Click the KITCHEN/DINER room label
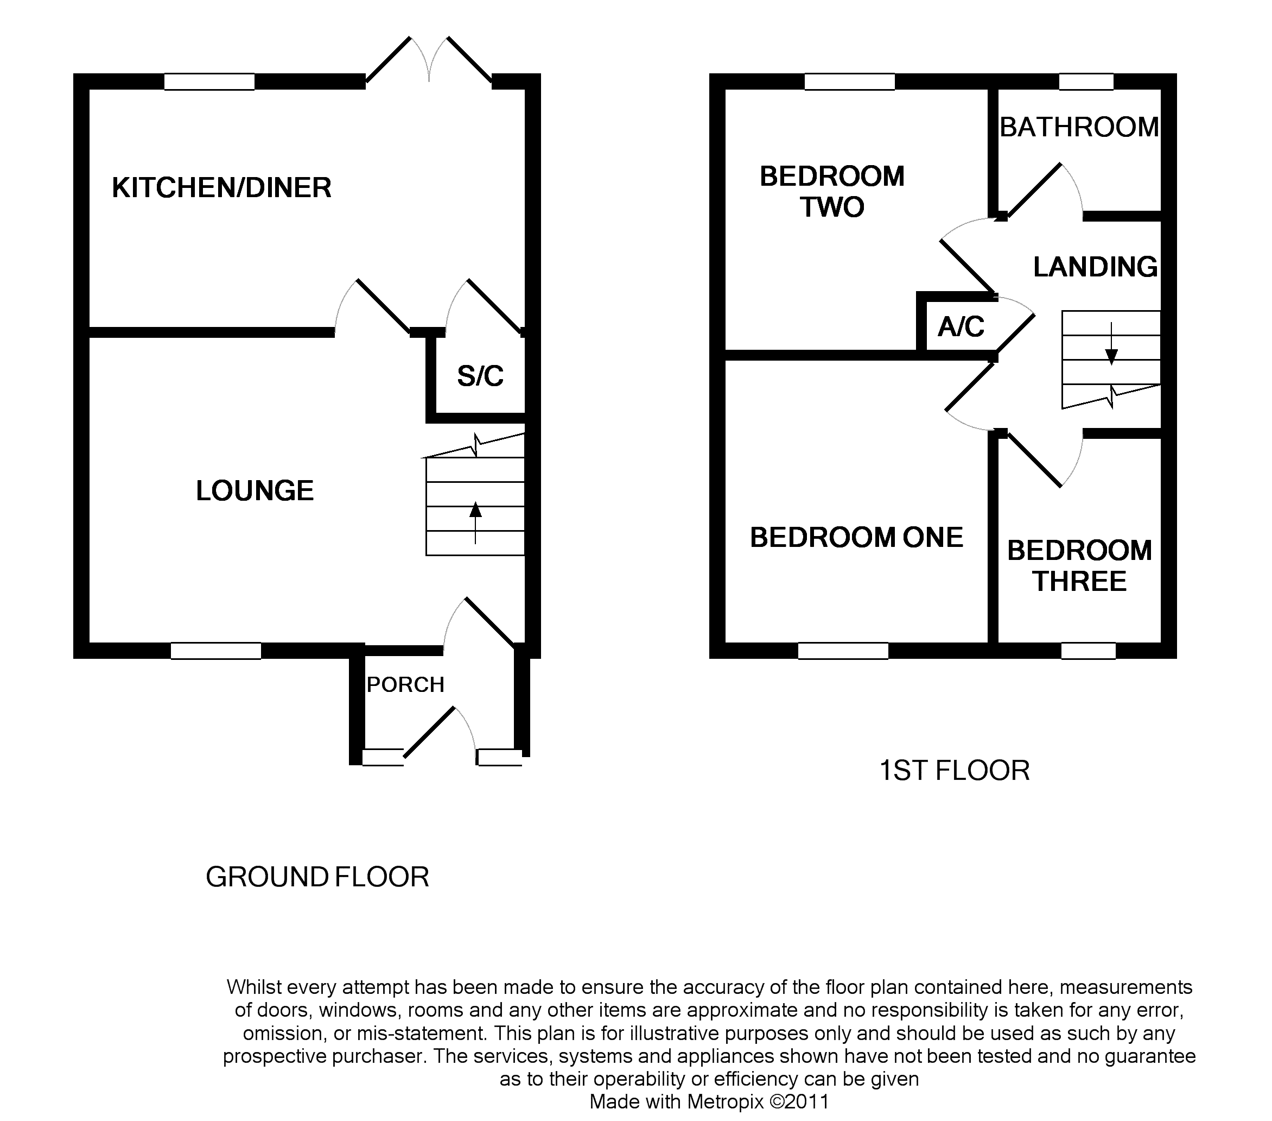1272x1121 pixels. (221, 188)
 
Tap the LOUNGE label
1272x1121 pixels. (255, 491)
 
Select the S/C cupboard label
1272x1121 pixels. (480, 376)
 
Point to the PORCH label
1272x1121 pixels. (405, 685)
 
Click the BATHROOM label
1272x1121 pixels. (1079, 128)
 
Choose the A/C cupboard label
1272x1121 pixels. (961, 327)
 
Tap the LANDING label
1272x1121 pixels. (1095, 267)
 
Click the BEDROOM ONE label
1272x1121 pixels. (856, 538)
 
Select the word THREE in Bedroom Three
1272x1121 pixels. (1080, 582)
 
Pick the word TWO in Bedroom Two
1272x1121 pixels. (832, 207)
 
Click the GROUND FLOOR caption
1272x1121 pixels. (317, 877)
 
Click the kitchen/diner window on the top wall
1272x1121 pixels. (209, 82)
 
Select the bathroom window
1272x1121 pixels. (1086, 82)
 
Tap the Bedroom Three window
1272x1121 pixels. (1088, 651)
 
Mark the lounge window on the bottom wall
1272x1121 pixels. (216, 651)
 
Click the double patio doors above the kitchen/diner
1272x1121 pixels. (429, 62)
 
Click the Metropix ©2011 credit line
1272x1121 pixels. (709, 1101)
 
